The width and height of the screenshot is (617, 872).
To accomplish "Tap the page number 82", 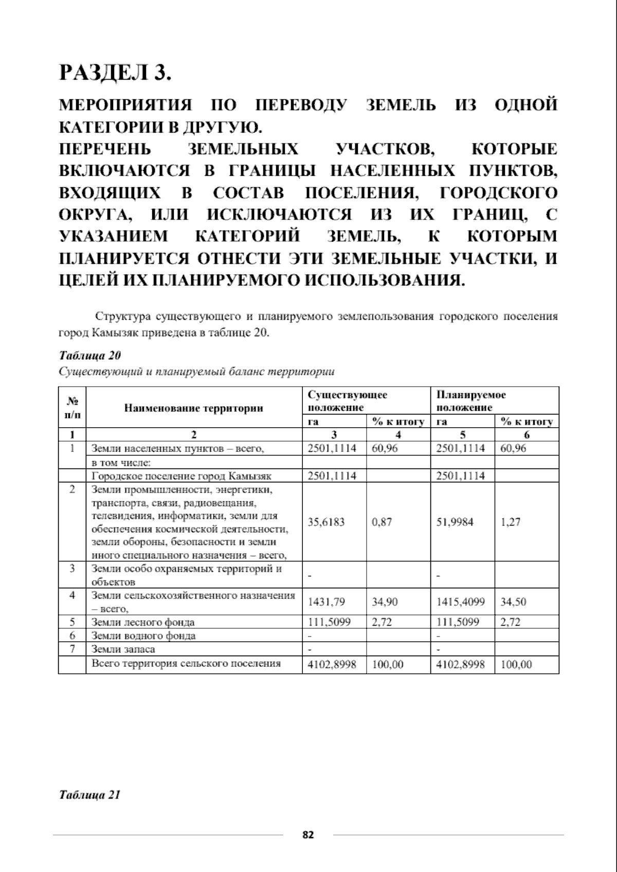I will [x=308, y=835].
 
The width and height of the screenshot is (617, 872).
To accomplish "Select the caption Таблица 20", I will [x=90, y=356].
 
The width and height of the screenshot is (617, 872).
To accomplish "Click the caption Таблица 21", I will [x=90, y=795].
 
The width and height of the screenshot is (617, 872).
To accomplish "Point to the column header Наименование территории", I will [x=193, y=408].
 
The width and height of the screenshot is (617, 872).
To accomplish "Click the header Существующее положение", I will [x=347, y=401].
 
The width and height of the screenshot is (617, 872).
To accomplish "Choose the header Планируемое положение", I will [x=471, y=401].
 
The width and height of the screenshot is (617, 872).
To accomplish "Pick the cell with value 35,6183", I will [x=326, y=522].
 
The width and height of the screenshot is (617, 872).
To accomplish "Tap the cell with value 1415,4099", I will [x=460, y=602].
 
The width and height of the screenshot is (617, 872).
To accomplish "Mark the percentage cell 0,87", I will [x=382, y=522].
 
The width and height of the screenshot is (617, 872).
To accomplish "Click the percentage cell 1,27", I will [x=511, y=522].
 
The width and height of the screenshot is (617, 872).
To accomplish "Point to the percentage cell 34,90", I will [x=385, y=602].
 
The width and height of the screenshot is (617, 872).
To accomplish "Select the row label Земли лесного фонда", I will [x=143, y=623].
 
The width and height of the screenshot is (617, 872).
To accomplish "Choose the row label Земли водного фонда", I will [x=143, y=636].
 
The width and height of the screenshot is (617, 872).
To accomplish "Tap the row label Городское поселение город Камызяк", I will [x=181, y=476].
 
